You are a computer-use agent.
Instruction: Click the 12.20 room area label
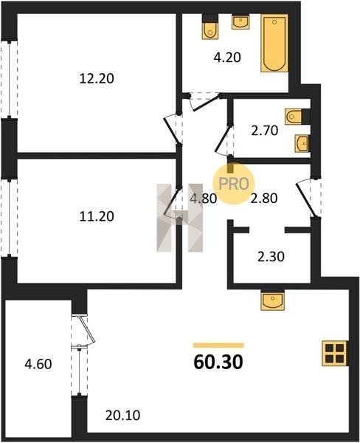tap(97, 78)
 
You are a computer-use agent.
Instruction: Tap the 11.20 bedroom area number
tap(97, 216)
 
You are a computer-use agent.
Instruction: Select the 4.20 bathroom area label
tap(227, 58)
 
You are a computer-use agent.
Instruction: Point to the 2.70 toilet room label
tap(265, 131)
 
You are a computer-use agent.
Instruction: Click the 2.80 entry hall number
tap(264, 199)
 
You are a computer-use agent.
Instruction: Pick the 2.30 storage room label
tap(271, 257)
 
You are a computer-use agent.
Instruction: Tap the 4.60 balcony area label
tap(38, 364)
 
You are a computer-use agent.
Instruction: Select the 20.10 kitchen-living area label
tap(122, 415)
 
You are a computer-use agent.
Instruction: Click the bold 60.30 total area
tap(218, 362)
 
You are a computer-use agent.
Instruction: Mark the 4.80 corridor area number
tap(204, 199)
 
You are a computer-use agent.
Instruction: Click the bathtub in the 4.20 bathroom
tap(274, 43)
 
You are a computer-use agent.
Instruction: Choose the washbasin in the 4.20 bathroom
tap(240, 22)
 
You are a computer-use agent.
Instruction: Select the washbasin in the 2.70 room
tap(302, 143)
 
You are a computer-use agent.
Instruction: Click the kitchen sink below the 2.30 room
tap(272, 301)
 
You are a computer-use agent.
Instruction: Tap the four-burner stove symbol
tap(335, 353)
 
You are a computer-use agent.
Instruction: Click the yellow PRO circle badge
tap(234, 184)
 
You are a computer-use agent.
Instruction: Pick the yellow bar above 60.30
tap(218, 346)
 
